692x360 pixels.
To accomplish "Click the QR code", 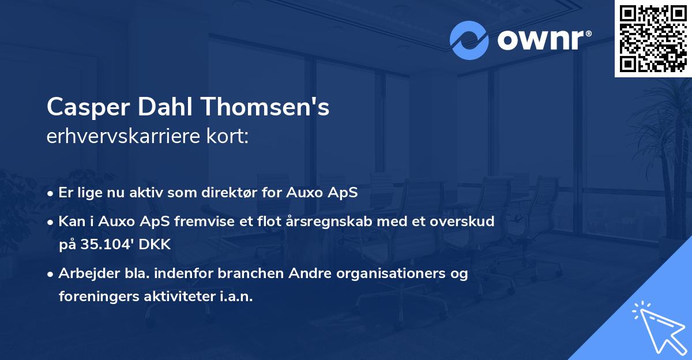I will [x=653, y=38].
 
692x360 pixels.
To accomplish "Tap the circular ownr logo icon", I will [x=469, y=40].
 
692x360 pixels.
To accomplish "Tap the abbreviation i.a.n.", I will [x=235, y=297].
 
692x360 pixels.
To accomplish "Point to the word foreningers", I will [x=96, y=297].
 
